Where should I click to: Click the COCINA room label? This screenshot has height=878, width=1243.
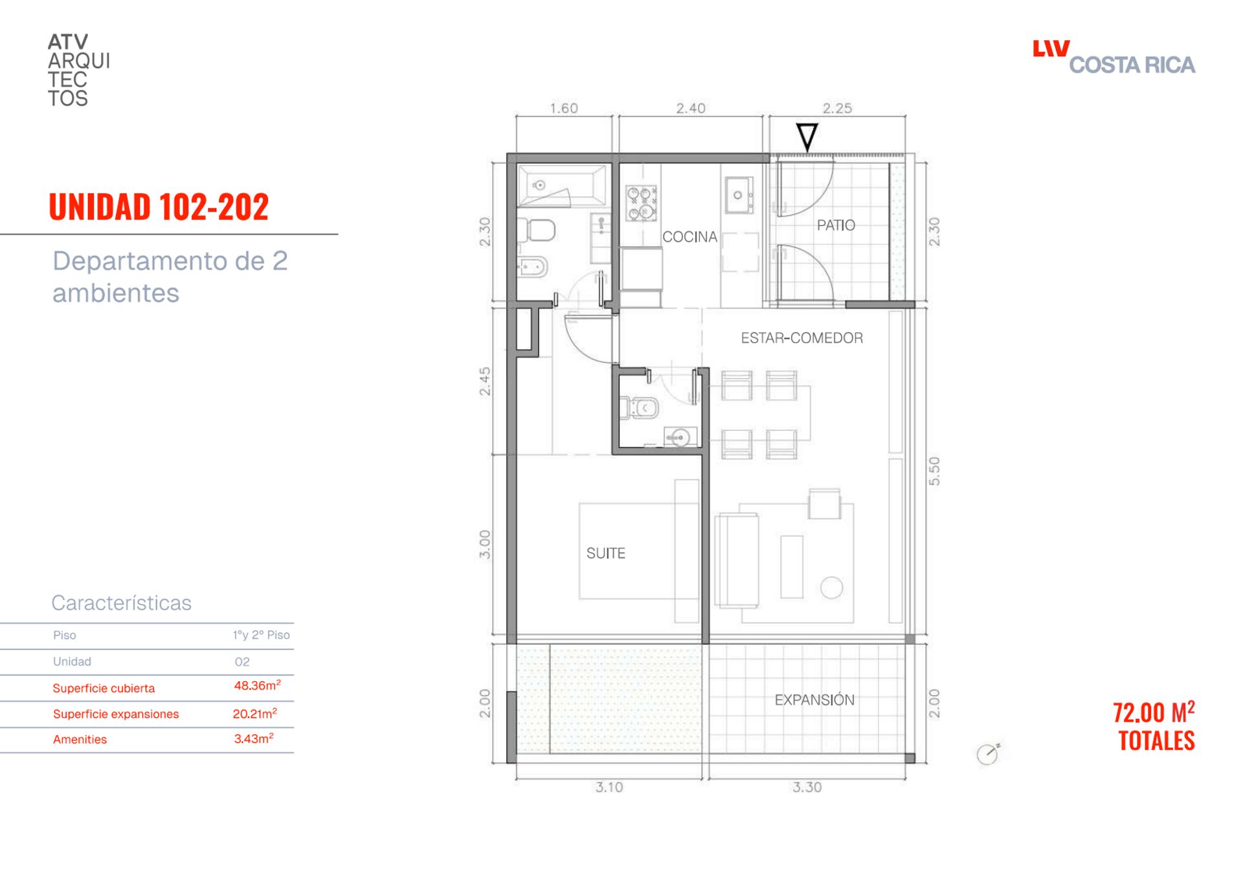point(689,237)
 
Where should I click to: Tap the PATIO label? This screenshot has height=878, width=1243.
point(836,225)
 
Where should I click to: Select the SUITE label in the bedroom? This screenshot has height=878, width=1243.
point(606,554)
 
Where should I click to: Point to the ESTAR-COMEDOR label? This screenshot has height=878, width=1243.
point(801,338)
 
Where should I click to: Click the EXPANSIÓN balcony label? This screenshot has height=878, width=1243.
point(814,700)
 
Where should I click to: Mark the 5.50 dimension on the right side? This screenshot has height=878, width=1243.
point(934,471)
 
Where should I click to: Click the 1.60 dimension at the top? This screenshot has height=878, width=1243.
point(564,108)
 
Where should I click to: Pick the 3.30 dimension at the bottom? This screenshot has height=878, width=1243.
point(807,787)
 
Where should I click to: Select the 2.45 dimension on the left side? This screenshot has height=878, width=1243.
point(485,381)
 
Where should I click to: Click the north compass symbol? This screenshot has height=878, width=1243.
point(988,754)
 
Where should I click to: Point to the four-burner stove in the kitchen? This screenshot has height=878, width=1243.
point(641,203)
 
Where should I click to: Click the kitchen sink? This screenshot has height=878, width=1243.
point(739,195)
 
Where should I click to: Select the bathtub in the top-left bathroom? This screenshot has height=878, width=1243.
point(561,186)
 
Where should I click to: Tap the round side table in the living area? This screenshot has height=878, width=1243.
point(831,588)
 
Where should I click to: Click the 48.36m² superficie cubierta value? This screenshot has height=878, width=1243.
point(257,685)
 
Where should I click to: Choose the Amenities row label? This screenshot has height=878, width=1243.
point(80,739)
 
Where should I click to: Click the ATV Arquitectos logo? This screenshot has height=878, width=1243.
point(79,70)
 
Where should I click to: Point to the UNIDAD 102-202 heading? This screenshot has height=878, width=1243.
point(159,207)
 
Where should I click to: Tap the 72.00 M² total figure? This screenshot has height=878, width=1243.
point(1154,712)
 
